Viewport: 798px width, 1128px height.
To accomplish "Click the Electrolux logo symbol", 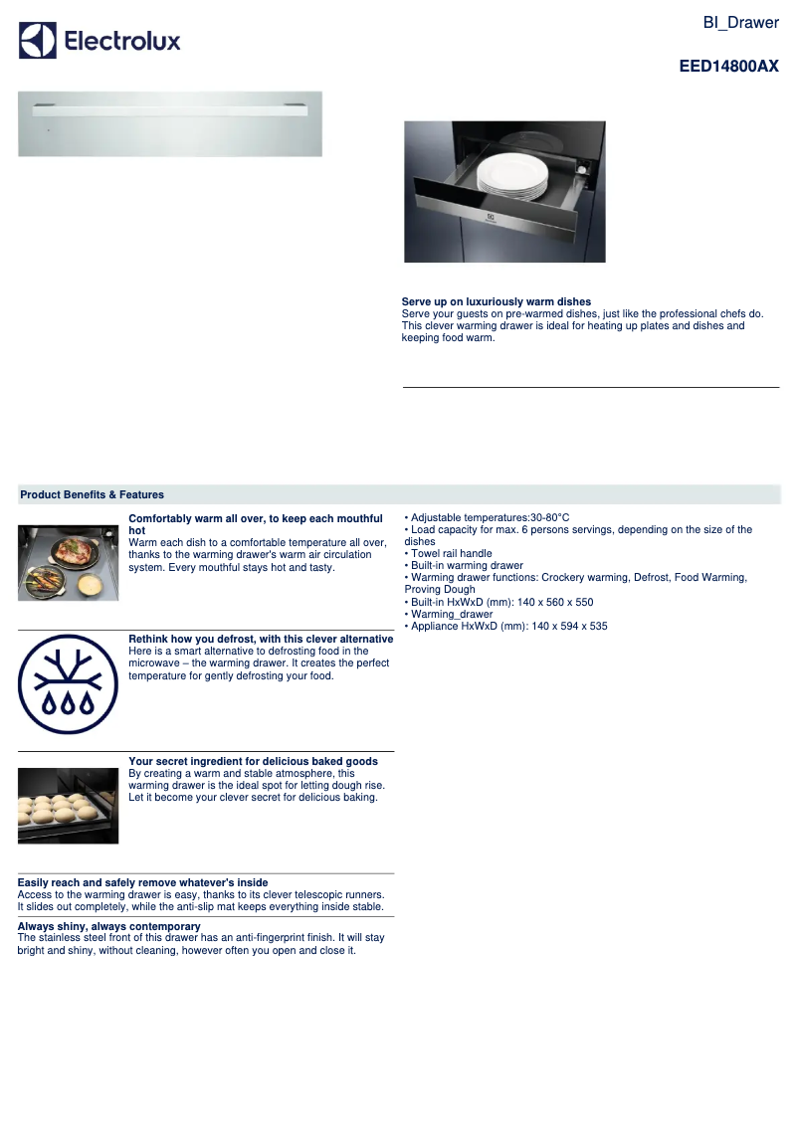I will click(38, 41).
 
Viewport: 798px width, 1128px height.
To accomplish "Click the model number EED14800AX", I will click(728, 67).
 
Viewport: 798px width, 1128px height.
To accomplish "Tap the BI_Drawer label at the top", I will click(740, 23).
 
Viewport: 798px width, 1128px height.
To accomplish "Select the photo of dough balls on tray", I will click(68, 805).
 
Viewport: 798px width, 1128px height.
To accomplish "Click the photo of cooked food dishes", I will click(68, 562).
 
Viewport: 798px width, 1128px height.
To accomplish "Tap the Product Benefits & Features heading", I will click(93, 494).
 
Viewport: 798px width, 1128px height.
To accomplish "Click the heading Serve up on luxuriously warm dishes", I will click(497, 301).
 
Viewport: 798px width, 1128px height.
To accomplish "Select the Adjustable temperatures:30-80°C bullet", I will click(490, 517).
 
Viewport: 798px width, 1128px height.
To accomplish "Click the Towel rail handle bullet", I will click(451, 553).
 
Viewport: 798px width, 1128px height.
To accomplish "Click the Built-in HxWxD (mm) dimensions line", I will click(501, 602).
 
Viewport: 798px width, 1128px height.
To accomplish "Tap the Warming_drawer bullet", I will click(449, 614).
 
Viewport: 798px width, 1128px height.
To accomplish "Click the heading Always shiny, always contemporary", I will click(109, 926).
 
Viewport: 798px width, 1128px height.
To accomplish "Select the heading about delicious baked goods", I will click(253, 761).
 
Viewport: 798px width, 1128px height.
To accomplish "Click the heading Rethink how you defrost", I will click(261, 639).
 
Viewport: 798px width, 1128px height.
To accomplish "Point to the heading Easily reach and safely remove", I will click(142, 882).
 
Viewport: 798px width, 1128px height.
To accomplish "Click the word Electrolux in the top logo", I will click(122, 41).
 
